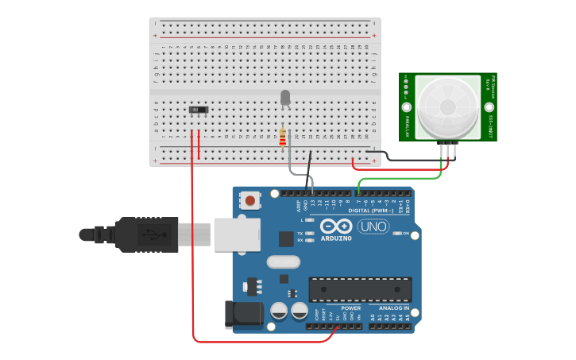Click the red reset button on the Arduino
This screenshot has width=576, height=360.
point(250,200)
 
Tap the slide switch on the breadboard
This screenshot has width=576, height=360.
point(199,109)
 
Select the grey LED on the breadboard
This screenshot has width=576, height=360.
point(285,97)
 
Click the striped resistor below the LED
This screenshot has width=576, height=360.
point(282,137)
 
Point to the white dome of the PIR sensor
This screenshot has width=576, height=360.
point(448,107)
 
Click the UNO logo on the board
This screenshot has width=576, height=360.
point(373,226)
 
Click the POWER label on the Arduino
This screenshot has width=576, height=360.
point(350,308)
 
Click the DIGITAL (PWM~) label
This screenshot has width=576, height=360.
point(371,211)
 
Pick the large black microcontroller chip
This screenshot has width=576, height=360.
point(360,289)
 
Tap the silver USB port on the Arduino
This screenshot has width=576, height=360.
point(237,235)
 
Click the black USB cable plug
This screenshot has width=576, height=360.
point(147,234)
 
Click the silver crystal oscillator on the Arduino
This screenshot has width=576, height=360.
point(284,261)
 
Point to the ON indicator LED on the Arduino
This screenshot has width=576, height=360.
point(396,233)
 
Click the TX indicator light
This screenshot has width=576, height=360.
point(308,233)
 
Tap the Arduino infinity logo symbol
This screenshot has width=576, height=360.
point(336,226)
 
